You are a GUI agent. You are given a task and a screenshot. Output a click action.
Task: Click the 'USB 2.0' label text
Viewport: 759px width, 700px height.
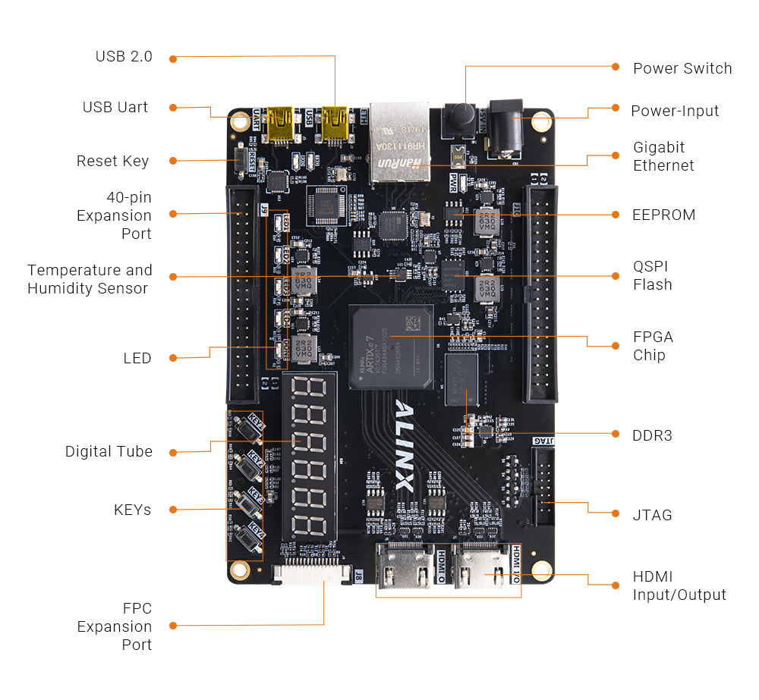pos(124,57)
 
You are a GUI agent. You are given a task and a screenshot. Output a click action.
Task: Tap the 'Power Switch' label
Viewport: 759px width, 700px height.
pos(682,68)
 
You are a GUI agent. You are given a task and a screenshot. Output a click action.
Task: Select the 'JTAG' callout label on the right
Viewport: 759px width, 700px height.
pos(652,515)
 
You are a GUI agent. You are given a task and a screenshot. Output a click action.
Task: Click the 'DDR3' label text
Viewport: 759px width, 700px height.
pos(652,435)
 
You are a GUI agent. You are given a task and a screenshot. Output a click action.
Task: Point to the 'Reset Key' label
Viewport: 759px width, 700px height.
pos(112,161)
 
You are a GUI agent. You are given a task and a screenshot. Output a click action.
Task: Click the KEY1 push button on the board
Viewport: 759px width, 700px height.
pos(247,429)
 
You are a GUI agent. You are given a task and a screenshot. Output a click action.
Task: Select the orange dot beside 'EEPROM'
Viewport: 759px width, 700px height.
pos(615,215)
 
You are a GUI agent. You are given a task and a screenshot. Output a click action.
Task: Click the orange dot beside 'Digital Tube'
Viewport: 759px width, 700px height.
pos(173,452)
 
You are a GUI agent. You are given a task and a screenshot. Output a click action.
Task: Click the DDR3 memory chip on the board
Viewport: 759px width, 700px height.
pos(461,383)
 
